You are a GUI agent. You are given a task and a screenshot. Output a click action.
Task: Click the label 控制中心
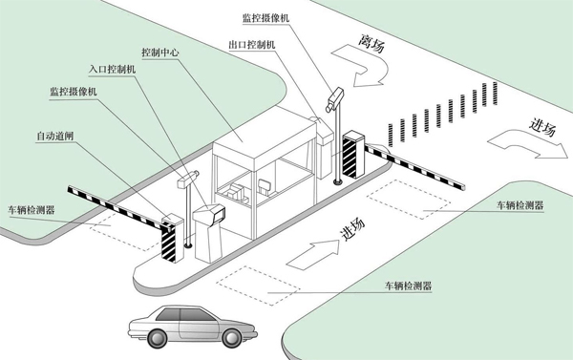(x=161, y=50)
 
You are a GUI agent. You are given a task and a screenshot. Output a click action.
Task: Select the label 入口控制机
(x=112, y=70)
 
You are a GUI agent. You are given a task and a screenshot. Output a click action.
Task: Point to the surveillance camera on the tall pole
(x=333, y=97)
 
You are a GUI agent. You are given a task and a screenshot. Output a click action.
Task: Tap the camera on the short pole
(x=188, y=175)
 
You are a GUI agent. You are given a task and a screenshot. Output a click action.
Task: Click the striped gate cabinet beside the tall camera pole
(x=352, y=154)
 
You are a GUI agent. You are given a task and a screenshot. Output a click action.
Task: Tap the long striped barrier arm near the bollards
(x=420, y=161)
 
